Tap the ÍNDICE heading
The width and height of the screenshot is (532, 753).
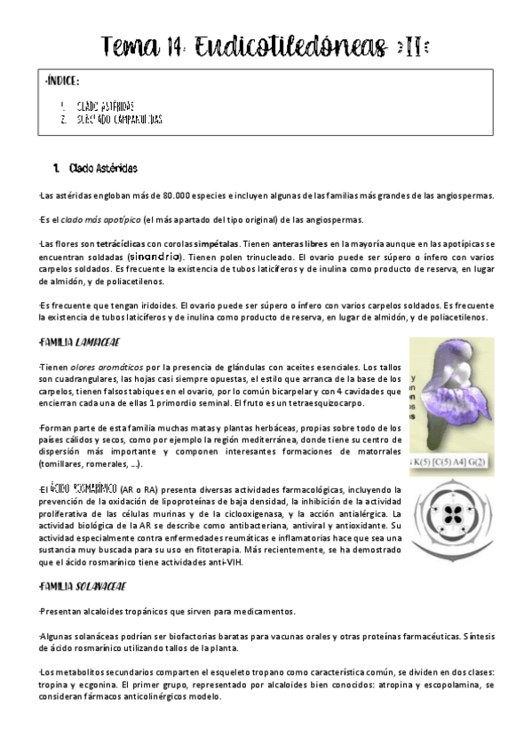(x=63, y=81)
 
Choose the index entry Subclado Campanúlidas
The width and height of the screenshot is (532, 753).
(x=119, y=118)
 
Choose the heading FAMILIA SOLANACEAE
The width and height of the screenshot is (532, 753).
(x=83, y=586)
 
